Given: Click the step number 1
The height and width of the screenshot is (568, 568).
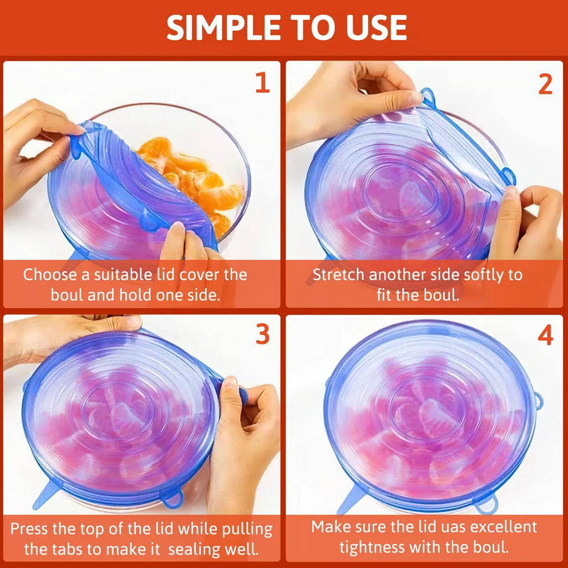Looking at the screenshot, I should [x=262, y=83].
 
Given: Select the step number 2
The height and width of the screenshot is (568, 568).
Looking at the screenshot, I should [x=545, y=84].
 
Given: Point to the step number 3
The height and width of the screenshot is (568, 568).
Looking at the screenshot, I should [x=262, y=334].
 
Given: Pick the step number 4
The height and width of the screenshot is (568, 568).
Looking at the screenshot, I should [x=545, y=334].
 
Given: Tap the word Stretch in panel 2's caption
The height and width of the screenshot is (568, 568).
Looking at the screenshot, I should [x=339, y=275].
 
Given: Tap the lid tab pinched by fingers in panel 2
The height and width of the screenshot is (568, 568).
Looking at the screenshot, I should [x=428, y=97].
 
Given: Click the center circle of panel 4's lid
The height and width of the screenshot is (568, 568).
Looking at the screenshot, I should [x=427, y=413].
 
